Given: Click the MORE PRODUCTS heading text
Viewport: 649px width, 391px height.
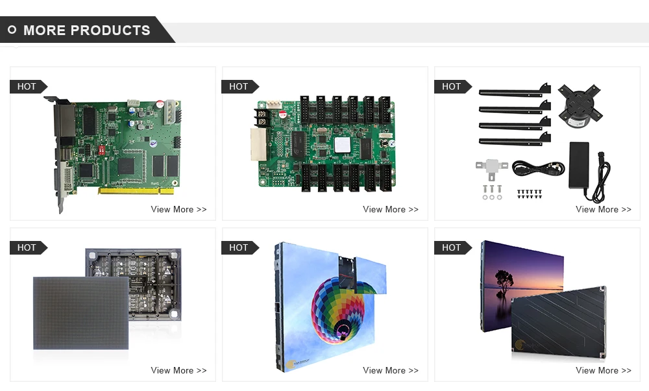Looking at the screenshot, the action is (86, 31).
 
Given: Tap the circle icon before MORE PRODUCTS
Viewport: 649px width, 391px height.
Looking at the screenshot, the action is (12, 30).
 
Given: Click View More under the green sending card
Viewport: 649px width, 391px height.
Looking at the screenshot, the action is (178, 209).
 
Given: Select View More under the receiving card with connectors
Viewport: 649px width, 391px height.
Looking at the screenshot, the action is (391, 209).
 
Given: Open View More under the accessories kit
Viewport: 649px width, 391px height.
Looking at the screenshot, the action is (603, 209).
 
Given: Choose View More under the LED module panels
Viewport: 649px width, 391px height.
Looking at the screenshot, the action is (178, 370).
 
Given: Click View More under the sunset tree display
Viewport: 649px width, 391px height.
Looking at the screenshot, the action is (603, 370).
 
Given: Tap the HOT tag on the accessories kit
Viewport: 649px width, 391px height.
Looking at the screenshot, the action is (452, 86).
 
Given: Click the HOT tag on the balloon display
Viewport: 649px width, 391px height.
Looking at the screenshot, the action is (239, 247).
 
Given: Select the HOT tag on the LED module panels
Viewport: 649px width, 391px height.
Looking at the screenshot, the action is (27, 247).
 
